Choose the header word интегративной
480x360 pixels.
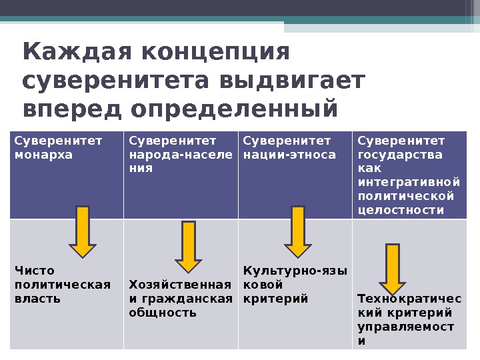pyautogui.click(x=409, y=182)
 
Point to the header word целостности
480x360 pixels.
pyautogui.click(x=401, y=210)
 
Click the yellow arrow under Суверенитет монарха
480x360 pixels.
pyautogui.click(x=83, y=231)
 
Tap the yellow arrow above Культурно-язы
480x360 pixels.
pyautogui.click(x=298, y=231)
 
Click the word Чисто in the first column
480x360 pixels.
pyautogui.click(x=34, y=271)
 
